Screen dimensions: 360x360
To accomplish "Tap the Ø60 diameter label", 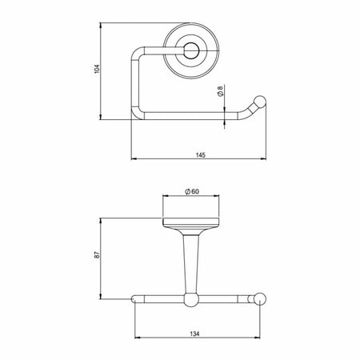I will [x=191, y=192].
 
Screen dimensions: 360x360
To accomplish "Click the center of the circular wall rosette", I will [x=191, y=52].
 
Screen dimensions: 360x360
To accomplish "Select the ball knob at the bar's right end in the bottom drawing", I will [x=258, y=300].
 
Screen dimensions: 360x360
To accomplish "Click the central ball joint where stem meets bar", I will [x=191, y=300].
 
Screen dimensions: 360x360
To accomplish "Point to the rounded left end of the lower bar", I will [x=134, y=300].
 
